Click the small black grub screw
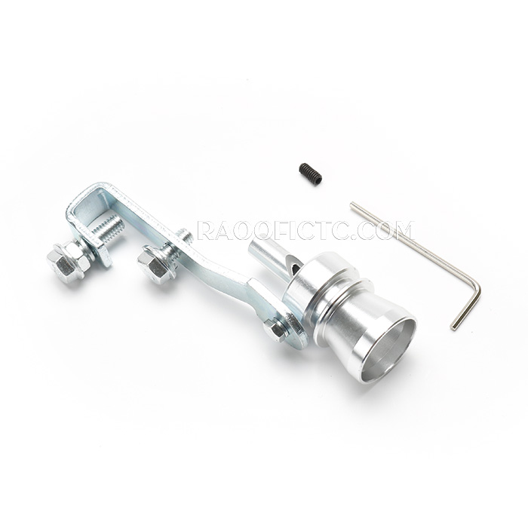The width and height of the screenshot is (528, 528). pos(310,173)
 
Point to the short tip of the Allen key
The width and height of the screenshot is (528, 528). pos(453,327)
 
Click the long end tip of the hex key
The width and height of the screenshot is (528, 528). pos(352,204)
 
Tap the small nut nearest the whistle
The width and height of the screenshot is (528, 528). pos(275,330)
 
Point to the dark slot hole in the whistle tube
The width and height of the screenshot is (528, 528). pos(295,268)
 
